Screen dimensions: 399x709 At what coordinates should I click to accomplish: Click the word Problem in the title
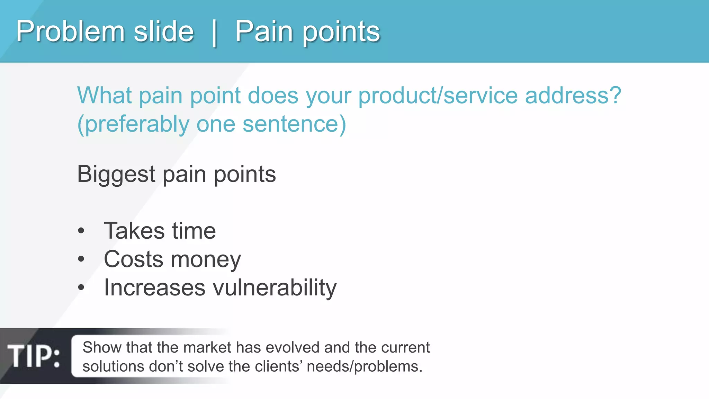[x=70, y=32]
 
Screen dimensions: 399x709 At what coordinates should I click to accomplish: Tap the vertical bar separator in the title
[x=214, y=33]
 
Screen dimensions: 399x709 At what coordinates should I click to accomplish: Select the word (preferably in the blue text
[x=133, y=125]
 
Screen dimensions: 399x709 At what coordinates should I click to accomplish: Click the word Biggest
[x=116, y=175]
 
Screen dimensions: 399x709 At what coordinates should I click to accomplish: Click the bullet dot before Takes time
[x=81, y=231]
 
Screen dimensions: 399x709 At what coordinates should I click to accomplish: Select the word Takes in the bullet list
[x=134, y=231]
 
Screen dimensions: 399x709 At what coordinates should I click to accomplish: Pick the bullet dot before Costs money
[x=81, y=259]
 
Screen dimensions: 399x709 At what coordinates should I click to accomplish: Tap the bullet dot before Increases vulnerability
[x=81, y=287]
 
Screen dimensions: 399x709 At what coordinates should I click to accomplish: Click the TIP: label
[x=34, y=356]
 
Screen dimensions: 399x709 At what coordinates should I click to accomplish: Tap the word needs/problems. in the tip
[x=365, y=367]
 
